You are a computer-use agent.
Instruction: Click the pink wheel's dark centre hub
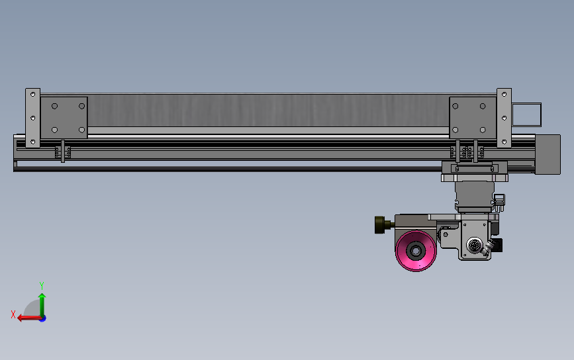tap(416, 250)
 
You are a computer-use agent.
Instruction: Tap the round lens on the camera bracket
tap(473, 246)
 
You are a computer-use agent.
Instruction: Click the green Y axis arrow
tap(42, 302)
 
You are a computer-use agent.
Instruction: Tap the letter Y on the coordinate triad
tap(42, 285)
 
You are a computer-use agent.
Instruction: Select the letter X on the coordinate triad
tap(13, 314)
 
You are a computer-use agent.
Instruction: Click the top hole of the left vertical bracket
tap(32, 95)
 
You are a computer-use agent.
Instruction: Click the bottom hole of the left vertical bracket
tap(32, 140)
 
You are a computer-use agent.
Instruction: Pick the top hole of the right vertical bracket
tap(504, 95)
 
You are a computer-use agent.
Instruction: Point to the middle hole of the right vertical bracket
tap(504, 118)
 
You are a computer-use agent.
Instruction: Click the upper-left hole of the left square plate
tap(55, 106)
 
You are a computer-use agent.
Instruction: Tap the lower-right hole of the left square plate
tap(81, 130)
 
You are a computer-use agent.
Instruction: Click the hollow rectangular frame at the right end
tap(527, 114)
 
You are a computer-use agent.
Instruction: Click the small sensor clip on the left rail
tap(62, 152)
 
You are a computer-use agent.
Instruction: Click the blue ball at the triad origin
tap(42, 318)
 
